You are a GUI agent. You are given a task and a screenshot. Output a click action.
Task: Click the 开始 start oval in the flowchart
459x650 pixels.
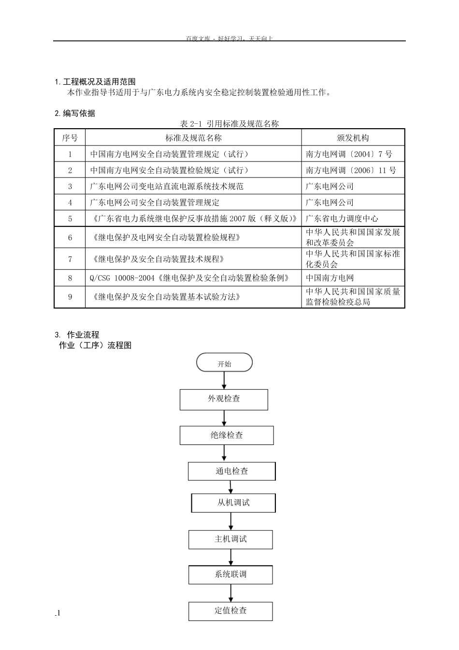tap(224, 363)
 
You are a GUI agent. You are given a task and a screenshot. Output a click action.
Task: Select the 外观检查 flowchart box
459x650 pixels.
tap(224, 399)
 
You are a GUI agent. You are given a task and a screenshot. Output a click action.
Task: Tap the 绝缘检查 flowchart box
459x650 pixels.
tap(227, 435)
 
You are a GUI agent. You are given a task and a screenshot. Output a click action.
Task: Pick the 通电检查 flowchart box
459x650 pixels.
tap(231, 471)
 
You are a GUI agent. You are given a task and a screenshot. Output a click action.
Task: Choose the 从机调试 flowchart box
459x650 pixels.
tap(233, 503)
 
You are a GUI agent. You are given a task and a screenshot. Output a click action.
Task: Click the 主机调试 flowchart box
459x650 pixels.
tap(230, 539)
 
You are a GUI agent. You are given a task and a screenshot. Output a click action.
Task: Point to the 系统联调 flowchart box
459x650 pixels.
tap(230, 575)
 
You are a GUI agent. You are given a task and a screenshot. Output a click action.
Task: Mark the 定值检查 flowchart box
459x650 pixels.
tap(230, 611)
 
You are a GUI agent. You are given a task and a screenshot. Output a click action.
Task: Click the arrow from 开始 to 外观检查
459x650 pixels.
tap(224, 381)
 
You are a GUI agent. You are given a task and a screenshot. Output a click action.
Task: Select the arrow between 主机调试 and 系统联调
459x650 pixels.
tap(231, 557)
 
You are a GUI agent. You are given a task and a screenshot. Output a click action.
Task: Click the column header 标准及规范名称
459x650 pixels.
tap(193, 138)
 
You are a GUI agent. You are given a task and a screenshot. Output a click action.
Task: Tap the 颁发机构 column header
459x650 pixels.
tap(353, 138)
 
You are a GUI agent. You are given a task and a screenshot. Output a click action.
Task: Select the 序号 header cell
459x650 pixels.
tap(70, 138)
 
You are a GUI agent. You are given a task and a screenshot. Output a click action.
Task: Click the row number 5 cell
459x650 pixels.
tap(70, 219)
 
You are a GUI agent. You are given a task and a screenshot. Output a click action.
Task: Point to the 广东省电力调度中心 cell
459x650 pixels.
tap(342, 219)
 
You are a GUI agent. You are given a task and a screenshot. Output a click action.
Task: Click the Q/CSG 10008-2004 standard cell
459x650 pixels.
tap(190, 278)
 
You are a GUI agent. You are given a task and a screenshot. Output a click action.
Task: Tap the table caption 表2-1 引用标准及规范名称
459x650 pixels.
tap(229, 124)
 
